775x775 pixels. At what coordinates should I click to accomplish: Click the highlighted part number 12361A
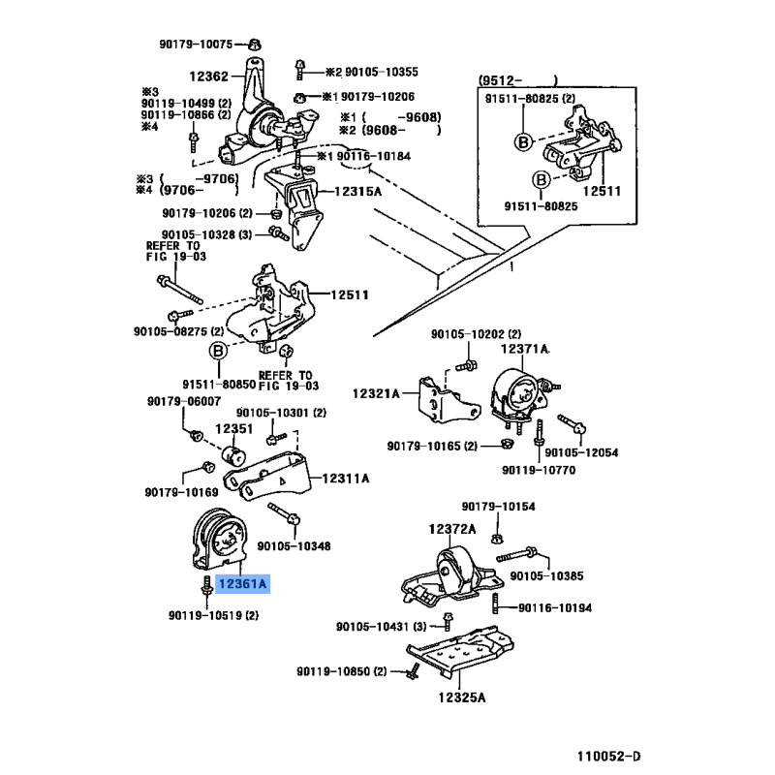[243, 585]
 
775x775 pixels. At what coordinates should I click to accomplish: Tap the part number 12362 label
[208, 76]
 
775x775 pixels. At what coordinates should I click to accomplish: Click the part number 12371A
[524, 349]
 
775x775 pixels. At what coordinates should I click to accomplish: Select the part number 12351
[233, 428]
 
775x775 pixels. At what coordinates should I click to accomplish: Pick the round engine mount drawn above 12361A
[219, 541]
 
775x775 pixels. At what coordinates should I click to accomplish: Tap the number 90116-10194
[555, 607]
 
